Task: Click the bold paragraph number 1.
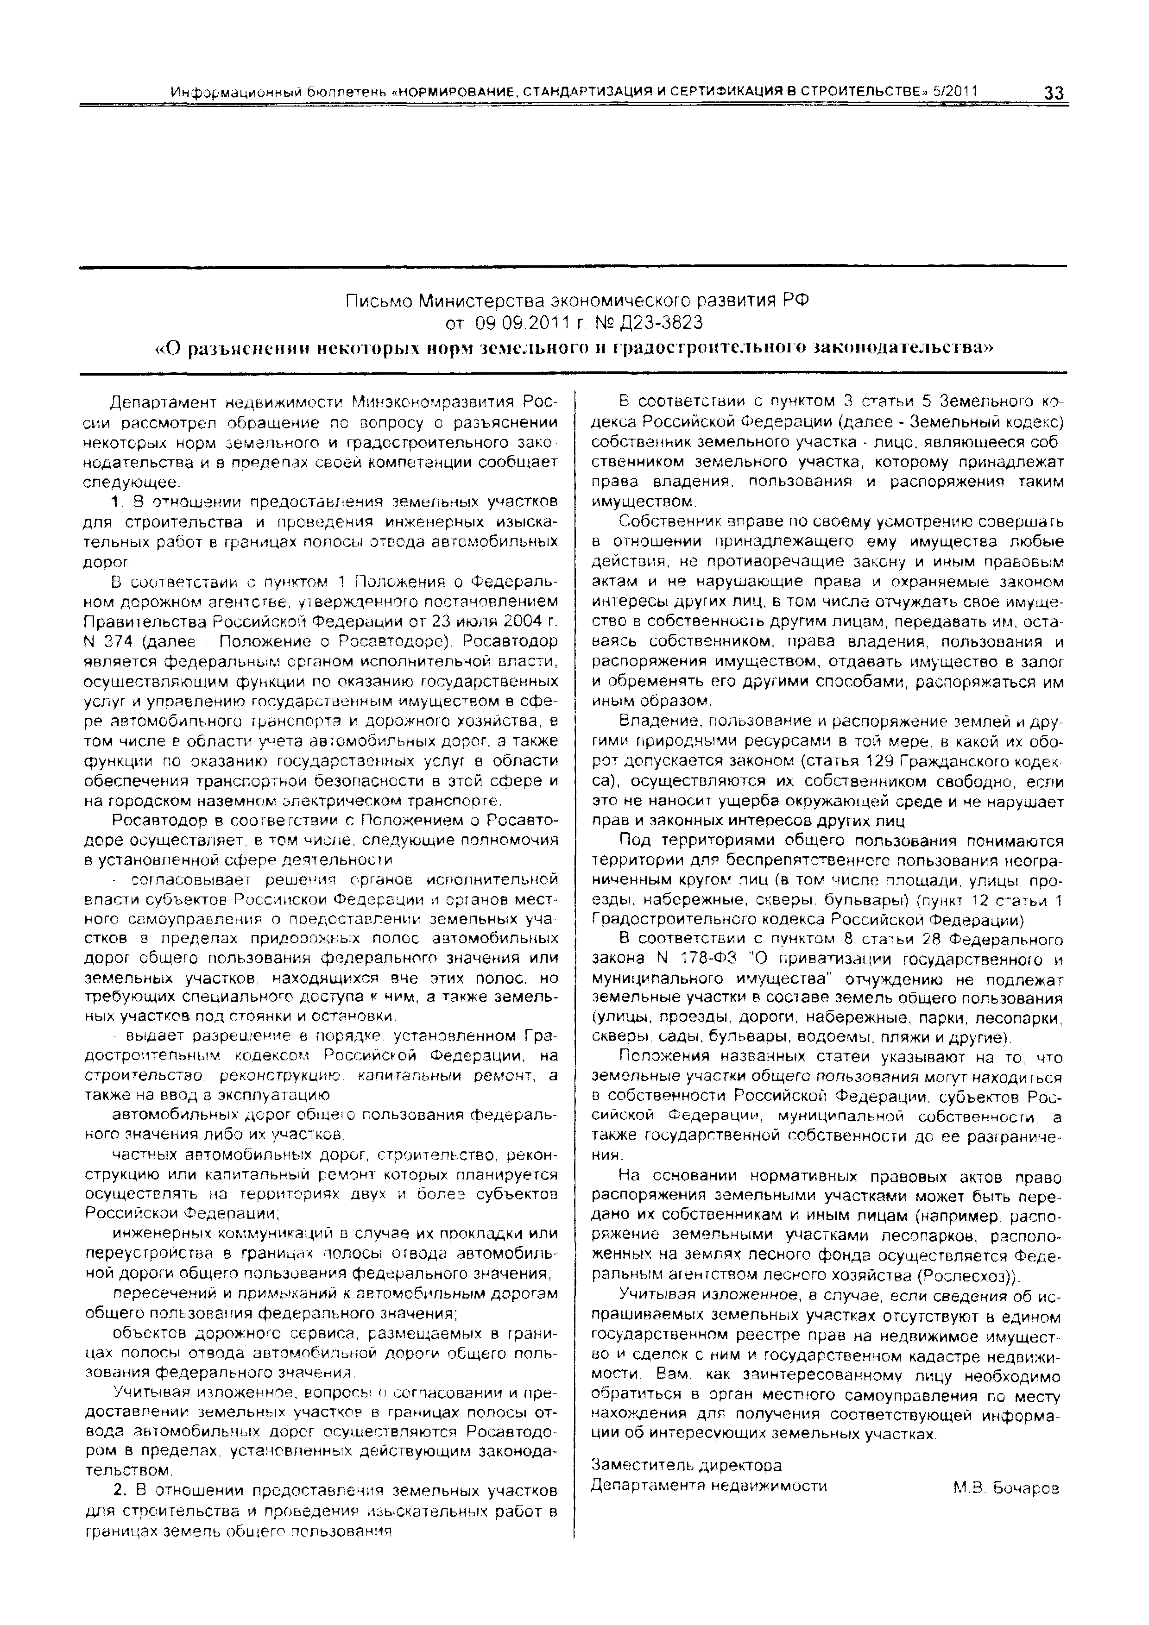pos(118,502)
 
